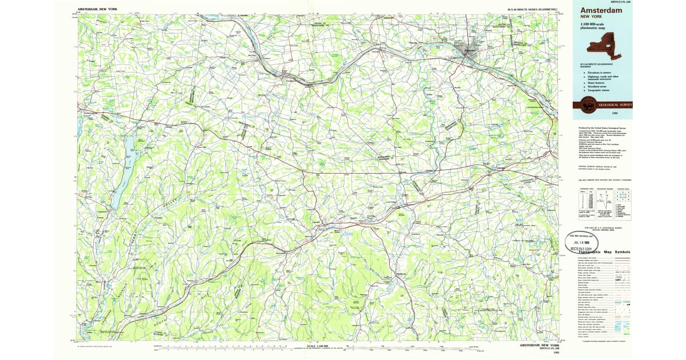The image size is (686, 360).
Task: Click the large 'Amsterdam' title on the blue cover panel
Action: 601,11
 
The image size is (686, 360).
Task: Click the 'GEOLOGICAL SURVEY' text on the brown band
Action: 615,105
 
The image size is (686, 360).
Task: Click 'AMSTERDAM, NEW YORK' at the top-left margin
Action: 98,10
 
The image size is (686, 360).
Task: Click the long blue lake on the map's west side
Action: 122,171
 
